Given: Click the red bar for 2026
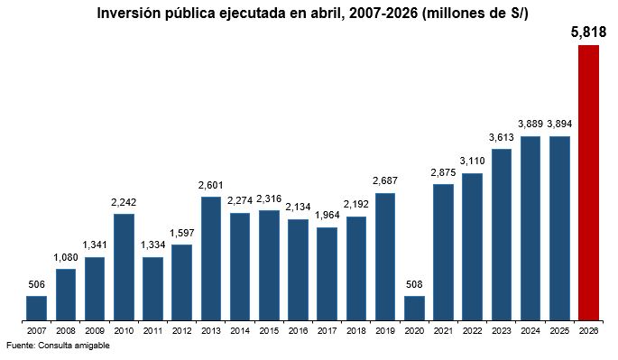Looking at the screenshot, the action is point(588,182).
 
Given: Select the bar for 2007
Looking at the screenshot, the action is point(36,308).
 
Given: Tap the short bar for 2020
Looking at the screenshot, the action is point(414,308).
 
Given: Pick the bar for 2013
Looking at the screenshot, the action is point(211,258).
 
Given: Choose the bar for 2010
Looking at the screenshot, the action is point(124,267).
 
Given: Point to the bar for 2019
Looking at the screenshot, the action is point(385,257).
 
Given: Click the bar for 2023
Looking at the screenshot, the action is point(502,235).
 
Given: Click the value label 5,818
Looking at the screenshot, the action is point(588,32).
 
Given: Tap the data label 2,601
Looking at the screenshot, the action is point(211,185).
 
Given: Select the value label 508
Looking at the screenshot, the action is point(414,284).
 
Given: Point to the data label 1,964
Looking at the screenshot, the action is point(327,216).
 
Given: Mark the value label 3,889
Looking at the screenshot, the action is point(530,124).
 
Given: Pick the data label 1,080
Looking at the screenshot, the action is point(66,257).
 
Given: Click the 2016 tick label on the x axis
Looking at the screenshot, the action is point(298,331).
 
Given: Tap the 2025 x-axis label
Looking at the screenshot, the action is point(559,331).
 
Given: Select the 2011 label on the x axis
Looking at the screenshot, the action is point(153,331).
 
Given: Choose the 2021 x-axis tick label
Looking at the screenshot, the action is point(443,331).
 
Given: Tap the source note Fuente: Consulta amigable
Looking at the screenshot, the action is point(58,346).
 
